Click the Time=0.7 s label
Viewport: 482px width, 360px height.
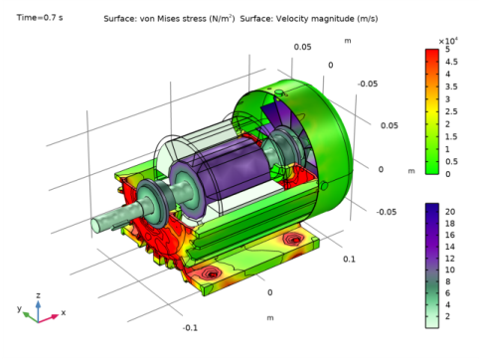point(40,18)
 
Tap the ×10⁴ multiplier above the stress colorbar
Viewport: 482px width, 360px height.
point(448,41)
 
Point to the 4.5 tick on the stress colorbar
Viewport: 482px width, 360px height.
point(451,62)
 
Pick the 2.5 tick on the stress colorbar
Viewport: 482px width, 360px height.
point(451,111)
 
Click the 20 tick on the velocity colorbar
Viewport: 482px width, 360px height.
point(450,212)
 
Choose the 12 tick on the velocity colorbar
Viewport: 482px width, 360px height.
point(450,259)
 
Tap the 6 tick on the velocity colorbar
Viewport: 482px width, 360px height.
point(447,293)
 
